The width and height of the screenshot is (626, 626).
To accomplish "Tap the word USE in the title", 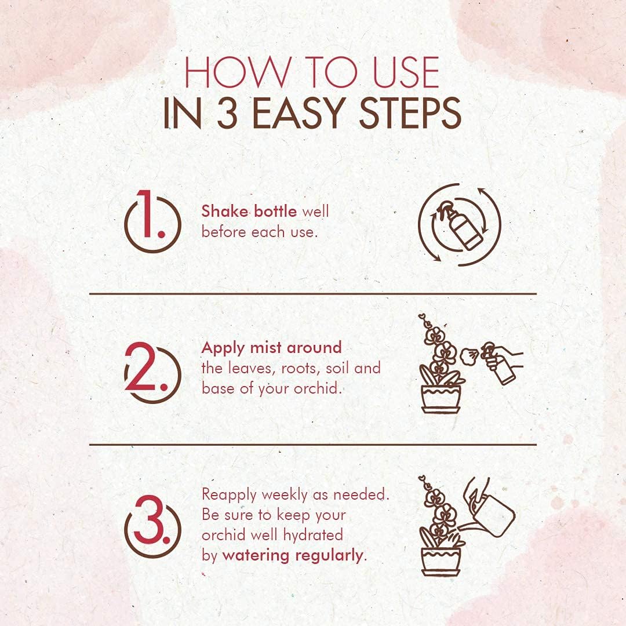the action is point(406,72).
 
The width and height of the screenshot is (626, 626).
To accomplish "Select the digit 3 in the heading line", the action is point(228,113).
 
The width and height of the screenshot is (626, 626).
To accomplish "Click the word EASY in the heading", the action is point(299,113).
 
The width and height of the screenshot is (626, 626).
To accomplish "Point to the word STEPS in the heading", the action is point(410,113).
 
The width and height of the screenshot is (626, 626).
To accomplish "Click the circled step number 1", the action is point(152,221).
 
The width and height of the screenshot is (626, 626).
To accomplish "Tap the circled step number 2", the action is point(152,372).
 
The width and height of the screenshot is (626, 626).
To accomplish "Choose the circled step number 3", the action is point(152,526).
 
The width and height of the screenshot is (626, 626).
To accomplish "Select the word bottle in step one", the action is point(275,211).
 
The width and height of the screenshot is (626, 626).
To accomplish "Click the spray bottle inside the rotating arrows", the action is point(460,225).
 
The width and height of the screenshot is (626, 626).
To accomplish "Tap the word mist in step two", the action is point(265,347).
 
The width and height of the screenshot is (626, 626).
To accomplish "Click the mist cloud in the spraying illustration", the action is point(469,356).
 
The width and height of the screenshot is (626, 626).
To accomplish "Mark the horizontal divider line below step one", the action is point(312,294).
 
